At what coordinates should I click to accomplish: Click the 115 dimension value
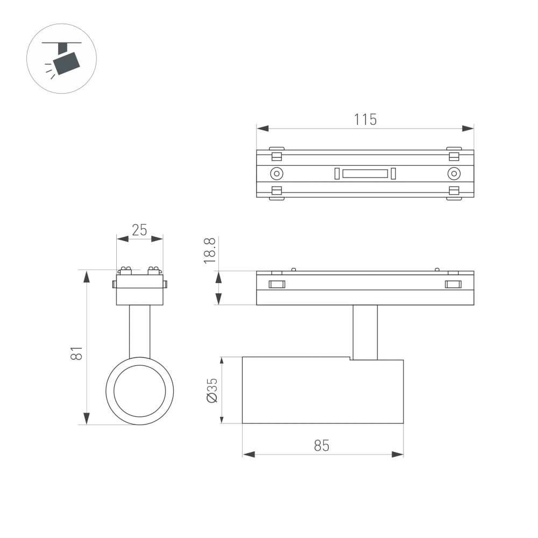pyautogui.click(x=365, y=119)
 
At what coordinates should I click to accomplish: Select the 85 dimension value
pyautogui.click(x=322, y=445)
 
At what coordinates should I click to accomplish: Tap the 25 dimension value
pyautogui.click(x=139, y=230)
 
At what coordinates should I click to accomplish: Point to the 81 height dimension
pyautogui.click(x=77, y=353)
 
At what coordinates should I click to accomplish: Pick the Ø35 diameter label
pyautogui.click(x=211, y=390)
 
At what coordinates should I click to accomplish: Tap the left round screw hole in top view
pyautogui.click(x=277, y=173)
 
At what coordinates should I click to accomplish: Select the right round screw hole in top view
pyautogui.click(x=454, y=173)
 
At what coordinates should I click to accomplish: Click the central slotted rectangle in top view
pyautogui.click(x=365, y=173)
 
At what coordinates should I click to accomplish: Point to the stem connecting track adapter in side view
pyautogui.click(x=365, y=331)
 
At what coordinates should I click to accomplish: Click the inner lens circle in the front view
pyautogui.click(x=140, y=391)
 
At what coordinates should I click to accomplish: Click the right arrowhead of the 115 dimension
pyautogui.click(x=469, y=129)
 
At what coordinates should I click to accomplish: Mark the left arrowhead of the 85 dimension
pyautogui.click(x=247, y=455)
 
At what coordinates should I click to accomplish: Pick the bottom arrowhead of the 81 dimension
pyautogui.click(x=87, y=419)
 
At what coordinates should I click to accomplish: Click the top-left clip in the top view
pyautogui.click(x=277, y=155)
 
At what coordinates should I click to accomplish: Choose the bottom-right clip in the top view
pyautogui.click(x=454, y=192)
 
